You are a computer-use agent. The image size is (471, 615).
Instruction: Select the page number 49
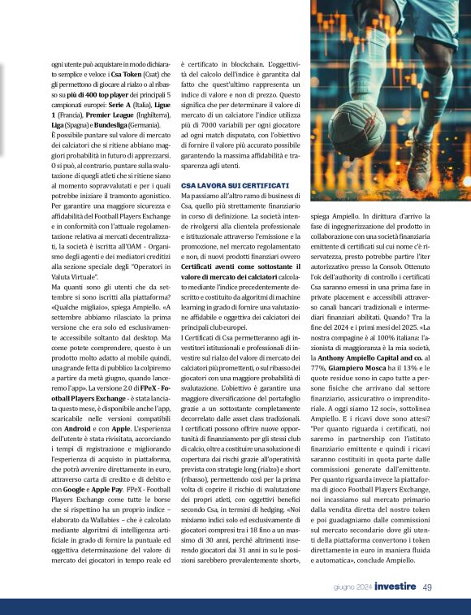427,587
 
